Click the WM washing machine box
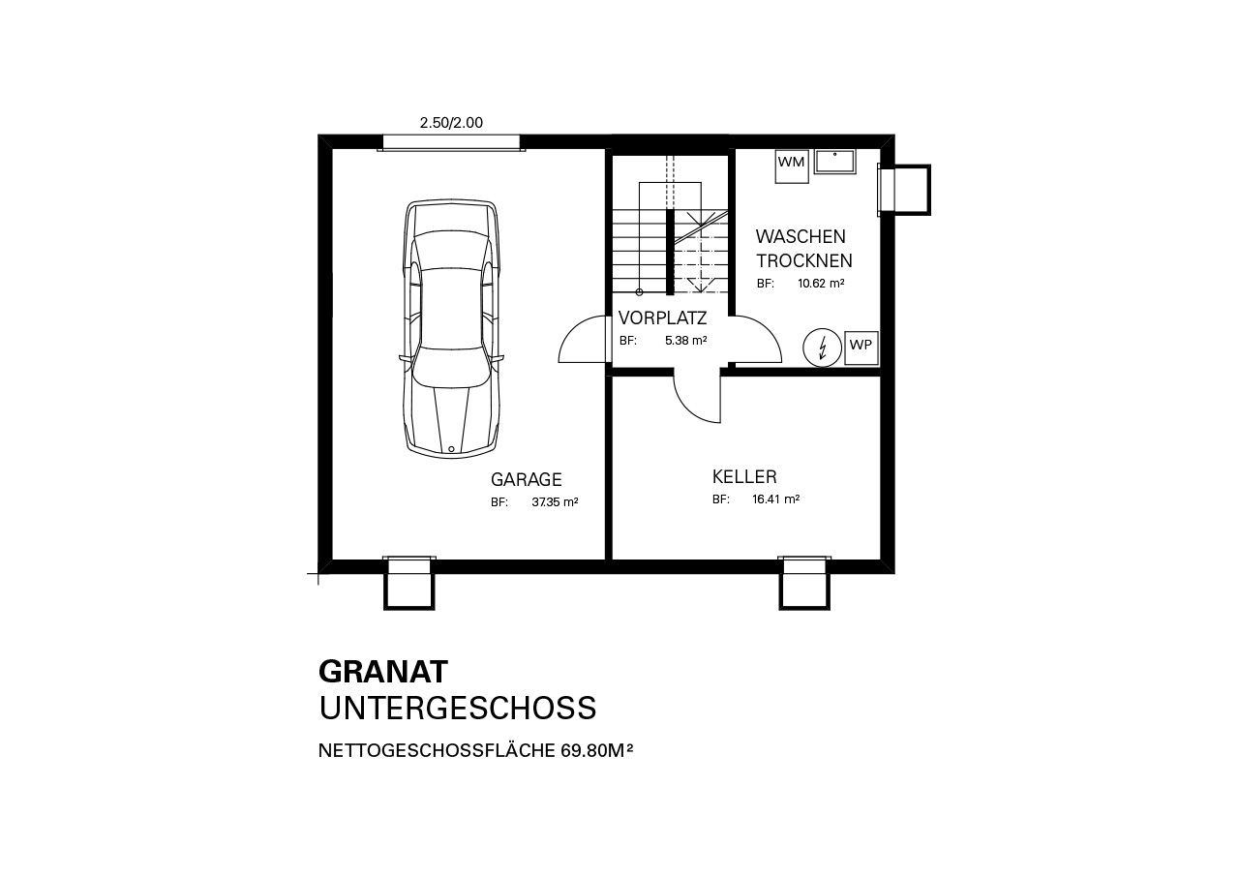click(792, 166)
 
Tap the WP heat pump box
click(861, 348)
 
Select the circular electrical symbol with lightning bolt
click(822, 348)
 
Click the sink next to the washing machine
click(834, 161)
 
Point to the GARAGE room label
click(526, 479)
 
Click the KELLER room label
click(744, 476)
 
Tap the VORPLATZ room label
click(662, 318)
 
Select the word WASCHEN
click(801, 236)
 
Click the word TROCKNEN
click(804, 260)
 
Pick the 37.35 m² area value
click(555, 502)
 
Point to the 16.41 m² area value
click(775, 499)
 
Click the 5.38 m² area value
click(686, 341)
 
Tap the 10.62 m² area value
click(821, 284)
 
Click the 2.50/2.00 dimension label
click(451, 123)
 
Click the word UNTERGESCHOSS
click(458, 708)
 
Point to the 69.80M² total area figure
click(597, 750)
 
